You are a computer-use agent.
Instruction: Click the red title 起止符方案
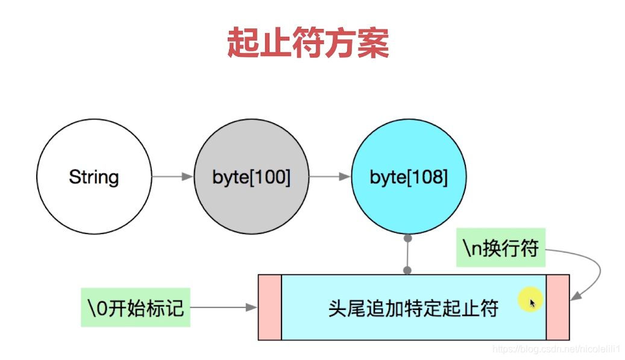coord(308,43)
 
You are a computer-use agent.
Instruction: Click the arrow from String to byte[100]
coord(172,177)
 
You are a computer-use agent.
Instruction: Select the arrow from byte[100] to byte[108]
coord(329,177)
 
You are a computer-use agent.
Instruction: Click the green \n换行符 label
coord(501,248)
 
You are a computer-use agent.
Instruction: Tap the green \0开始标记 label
coord(135,308)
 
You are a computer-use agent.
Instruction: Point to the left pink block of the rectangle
coord(269,308)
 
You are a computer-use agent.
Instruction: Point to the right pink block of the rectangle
coord(557,308)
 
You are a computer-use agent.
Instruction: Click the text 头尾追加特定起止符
coord(413,309)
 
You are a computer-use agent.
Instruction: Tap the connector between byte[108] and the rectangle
coord(407,254)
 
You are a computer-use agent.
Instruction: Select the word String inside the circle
coord(94,177)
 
